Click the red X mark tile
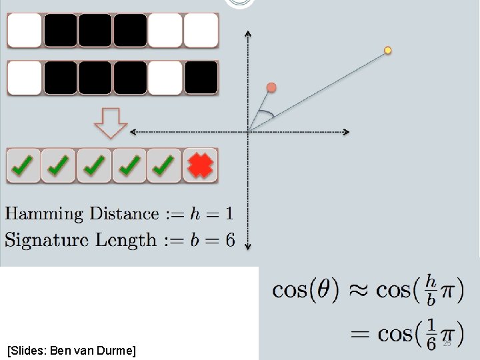[201, 165]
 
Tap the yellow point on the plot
[388, 51]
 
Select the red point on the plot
[271, 87]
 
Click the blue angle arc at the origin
[266, 114]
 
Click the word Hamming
[45, 214]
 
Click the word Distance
[125, 214]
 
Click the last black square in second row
[201, 78]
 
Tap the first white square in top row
[24, 31]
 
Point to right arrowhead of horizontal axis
[346, 132]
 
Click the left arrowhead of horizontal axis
[133, 132]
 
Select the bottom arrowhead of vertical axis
[248, 247]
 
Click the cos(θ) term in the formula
[306, 290]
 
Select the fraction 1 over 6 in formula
[431, 333]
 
